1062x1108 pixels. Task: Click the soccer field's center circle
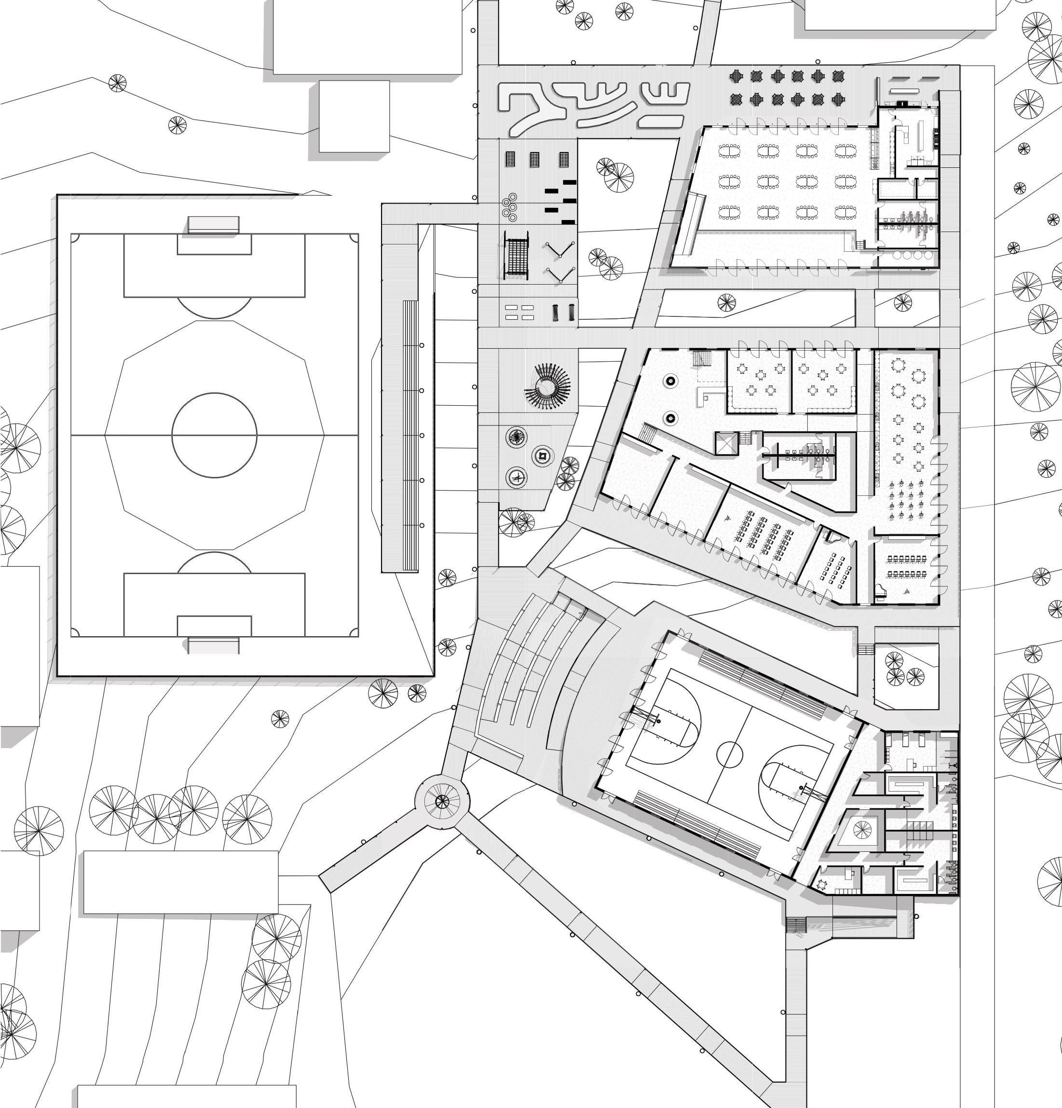pyautogui.click(x=214, y=435)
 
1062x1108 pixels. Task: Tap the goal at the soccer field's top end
pyautogui.click(x=214, y=224)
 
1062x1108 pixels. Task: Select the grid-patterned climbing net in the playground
pyautogui.click(x=517, y=256)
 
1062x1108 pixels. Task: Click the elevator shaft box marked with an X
pyautogui.click(x=727, y=443)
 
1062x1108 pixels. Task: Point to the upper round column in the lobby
pyautogui.click(x=670, y=381)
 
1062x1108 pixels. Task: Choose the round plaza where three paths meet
pyautogui.click(x=442, y=801)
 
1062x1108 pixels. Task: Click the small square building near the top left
pyautogui.click(x=354, y=116)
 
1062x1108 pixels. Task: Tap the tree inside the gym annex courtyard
pyautogui.click(x=862, y=830)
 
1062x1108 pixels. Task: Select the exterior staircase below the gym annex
pyautogui.click(x=796, y=925)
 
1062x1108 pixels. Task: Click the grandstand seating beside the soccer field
pyautogui.click(x=410, y=435)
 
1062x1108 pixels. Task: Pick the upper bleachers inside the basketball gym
pyautogui.click(x=763, y=684)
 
